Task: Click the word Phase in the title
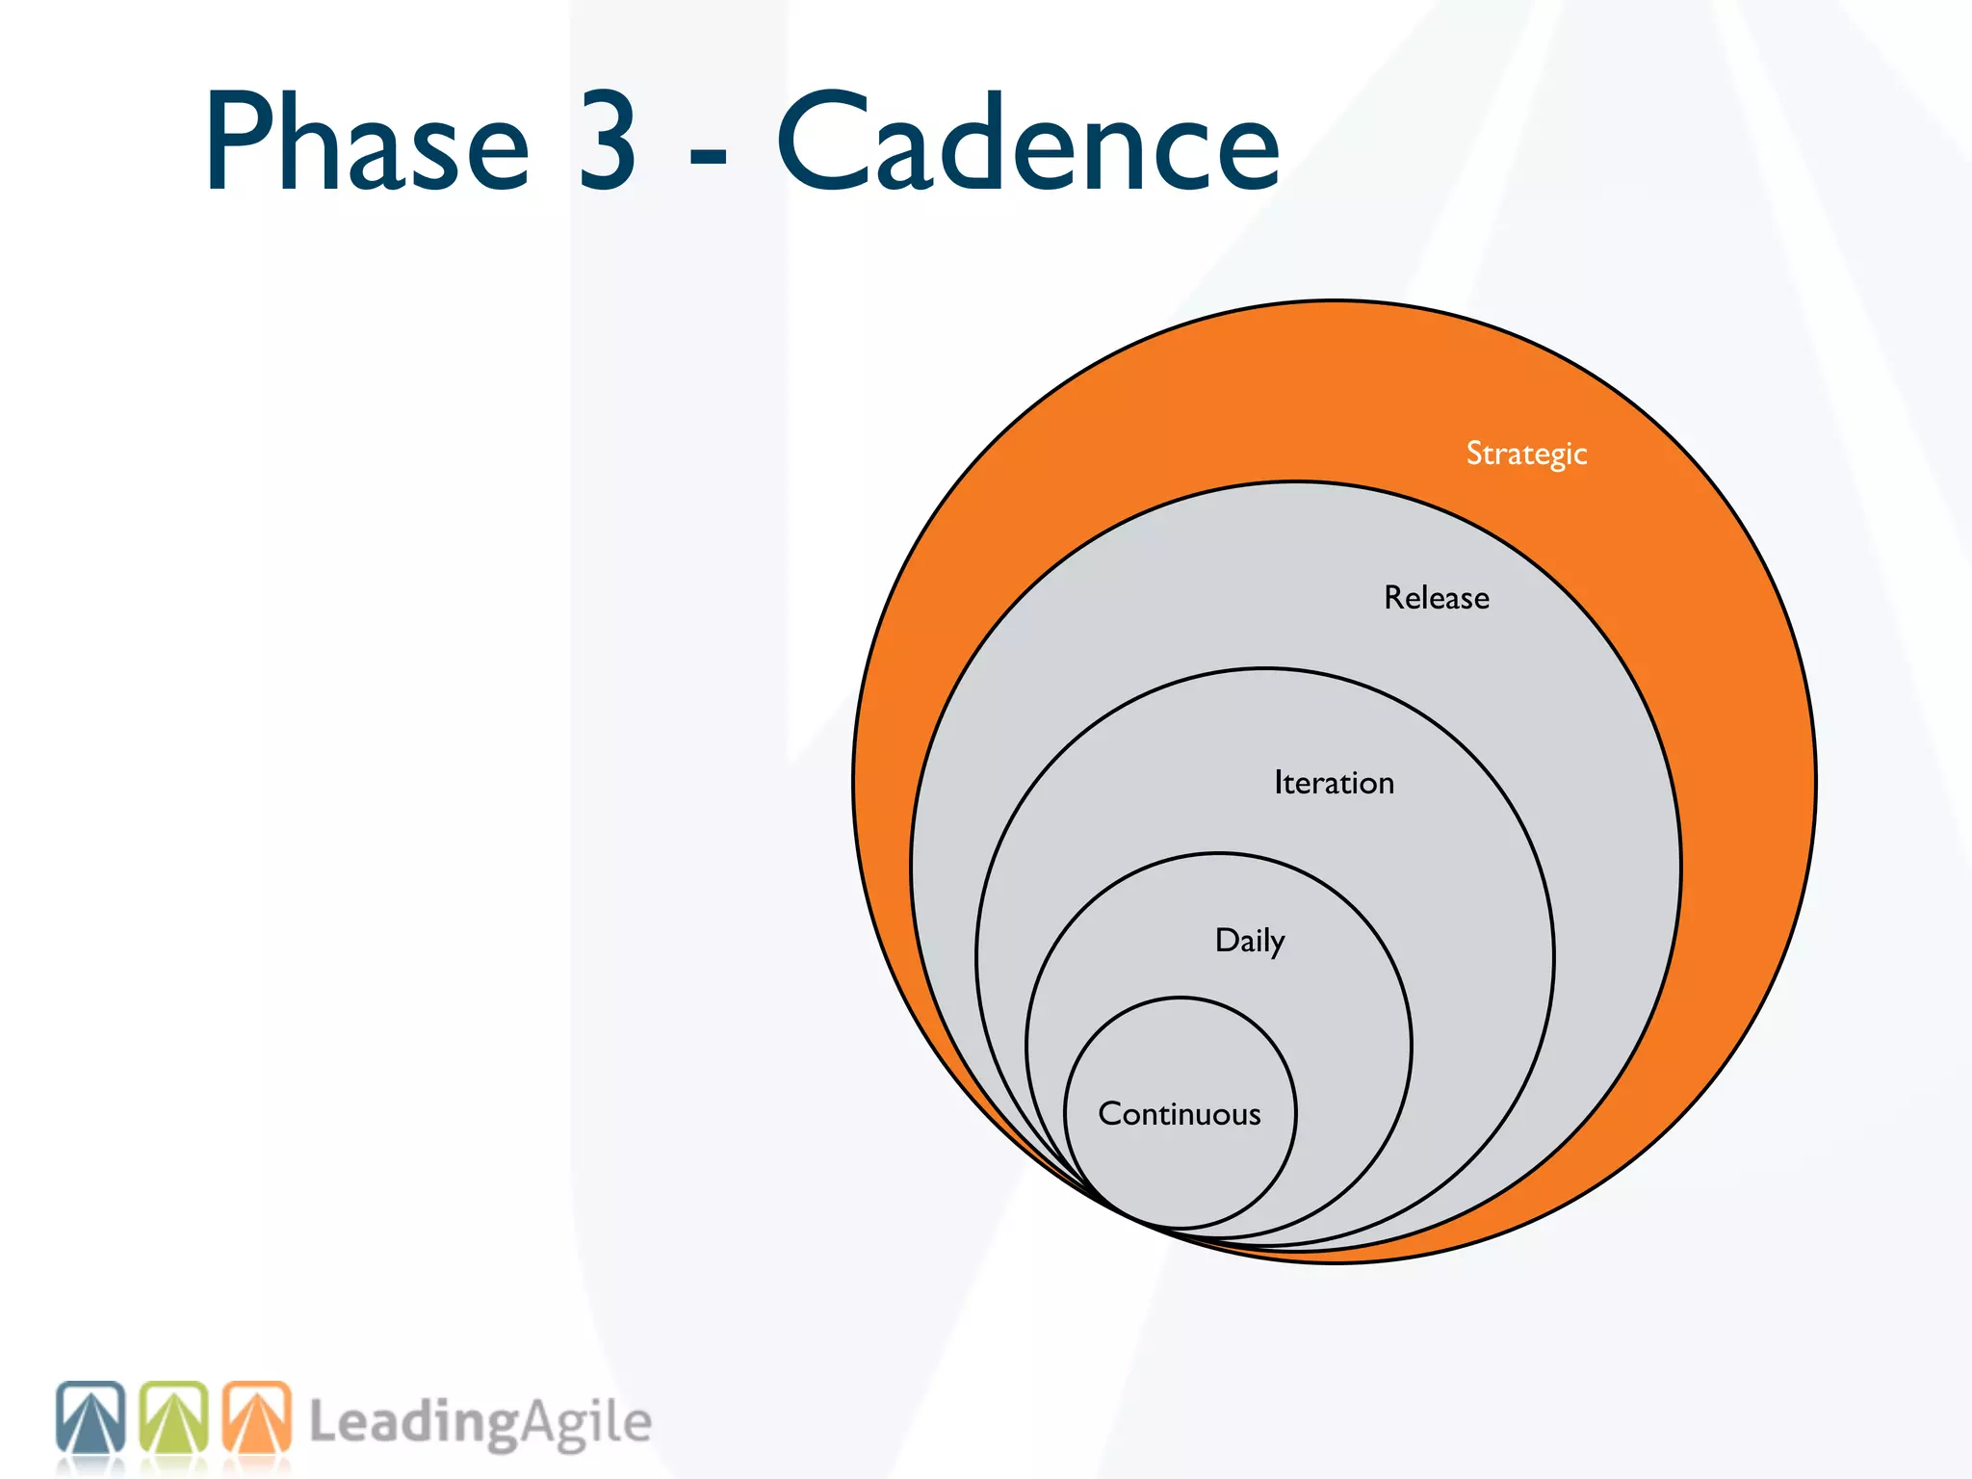tap(367, 142)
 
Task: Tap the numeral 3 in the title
tap(607, 142)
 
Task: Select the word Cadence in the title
tap(1027, 142)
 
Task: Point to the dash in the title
tap(709, 154)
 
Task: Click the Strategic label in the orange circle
tap(1526, 454)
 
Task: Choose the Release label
tap(1437, 598)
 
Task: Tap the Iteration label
tap(1334, 783)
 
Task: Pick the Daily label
tap(1249, 941)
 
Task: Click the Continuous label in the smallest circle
tap(1180, 1114)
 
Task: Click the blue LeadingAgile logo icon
tap(91, 1418)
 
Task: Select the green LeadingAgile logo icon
tap(174, 1418)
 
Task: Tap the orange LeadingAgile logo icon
tap(257, 1418)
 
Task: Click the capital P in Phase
tap(239, 142)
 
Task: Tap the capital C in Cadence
tap(824, 142)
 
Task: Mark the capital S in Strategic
tap(1474, 453)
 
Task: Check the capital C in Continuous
tap(1111, 1114)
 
